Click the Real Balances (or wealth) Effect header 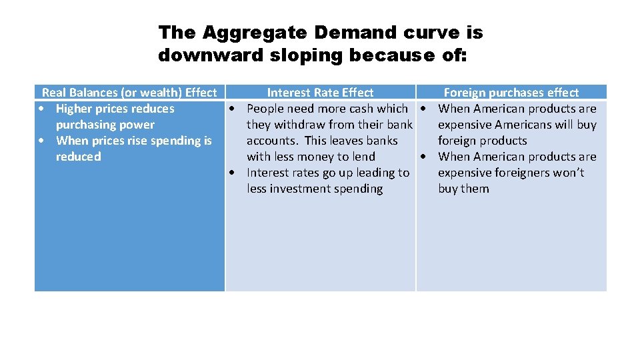coord(129,93)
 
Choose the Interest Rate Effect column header coord(320,93)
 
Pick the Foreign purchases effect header coord(511,93)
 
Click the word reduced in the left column coord(79,157)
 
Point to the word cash coord(361,109)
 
